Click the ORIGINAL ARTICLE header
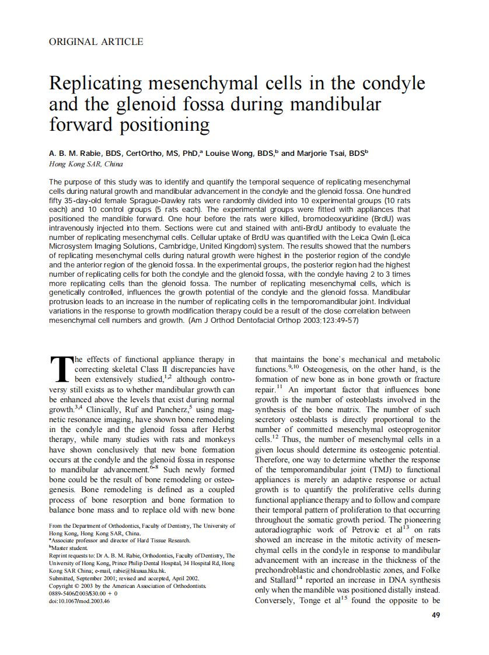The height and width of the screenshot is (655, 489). tap(96, 41)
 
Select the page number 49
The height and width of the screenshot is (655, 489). tap(435, 615)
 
